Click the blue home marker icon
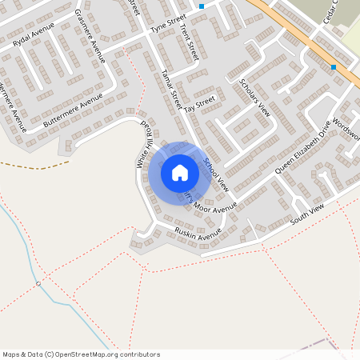(x=180, y=172)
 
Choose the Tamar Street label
(x=171, y=86)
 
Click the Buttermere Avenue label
(x=74, y=112)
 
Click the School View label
(x=216, y=174)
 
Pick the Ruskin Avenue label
(x=198, y=234)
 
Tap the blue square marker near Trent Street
(x=202, y=6)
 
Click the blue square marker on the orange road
(x=334, y=67)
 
